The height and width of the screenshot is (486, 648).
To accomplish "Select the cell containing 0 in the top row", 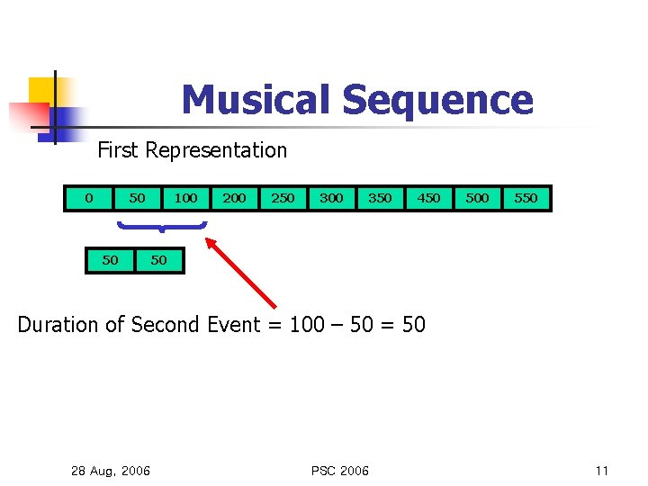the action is [88, 197].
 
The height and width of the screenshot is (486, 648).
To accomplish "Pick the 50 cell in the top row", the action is [137, 197].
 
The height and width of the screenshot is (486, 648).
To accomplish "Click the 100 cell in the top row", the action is [185, 197].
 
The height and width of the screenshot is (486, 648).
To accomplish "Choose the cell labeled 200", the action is [234, 197].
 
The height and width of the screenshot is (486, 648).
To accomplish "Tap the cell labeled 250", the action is [283, 197].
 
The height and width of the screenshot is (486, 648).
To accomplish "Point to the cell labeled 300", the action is [331, 197].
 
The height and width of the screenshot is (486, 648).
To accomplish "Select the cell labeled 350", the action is [380, 197].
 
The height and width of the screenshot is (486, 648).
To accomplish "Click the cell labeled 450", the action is [428, 197].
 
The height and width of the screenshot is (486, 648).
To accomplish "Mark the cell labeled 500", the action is [477, 197].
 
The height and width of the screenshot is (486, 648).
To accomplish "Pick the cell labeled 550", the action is [526, 197].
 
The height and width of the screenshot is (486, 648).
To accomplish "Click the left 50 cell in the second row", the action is [110, 260].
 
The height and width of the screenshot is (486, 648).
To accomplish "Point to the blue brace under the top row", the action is [161, 227].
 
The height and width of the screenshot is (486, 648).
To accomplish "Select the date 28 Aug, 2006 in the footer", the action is [111, 471].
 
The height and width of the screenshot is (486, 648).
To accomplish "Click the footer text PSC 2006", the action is [339, 471].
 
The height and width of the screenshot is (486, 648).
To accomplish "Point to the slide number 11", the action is [602, 471].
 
